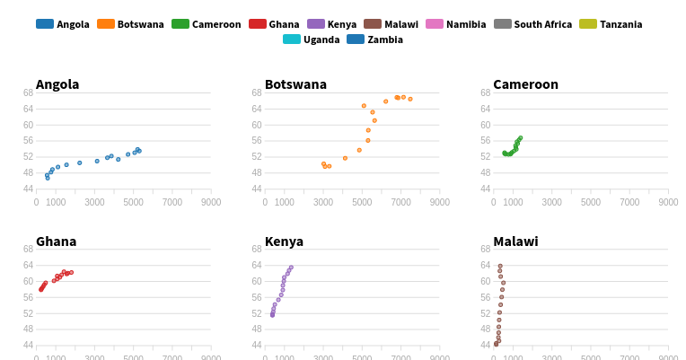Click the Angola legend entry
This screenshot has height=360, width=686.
pyautogui.click(x=63, y=24)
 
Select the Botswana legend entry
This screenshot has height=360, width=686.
pyautogui.click(x=130, y=24)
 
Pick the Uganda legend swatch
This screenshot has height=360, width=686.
pyautogui.click(x=292, y=40)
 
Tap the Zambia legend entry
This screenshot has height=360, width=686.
pyautogui.click(x=375, y=40)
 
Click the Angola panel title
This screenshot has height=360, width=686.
pyautogui.click(x=57, y=84)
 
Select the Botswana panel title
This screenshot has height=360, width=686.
pyautogui.click(x=295, y=84)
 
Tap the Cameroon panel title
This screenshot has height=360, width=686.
pyautogui.click(x=525, y=84)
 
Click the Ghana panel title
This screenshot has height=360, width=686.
pyautogui.click(x=56, y=241)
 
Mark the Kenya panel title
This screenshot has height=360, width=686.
pyautogui.click(x=284, y=241)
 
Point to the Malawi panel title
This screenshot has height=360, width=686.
pyautogui.click(x=515, y=241)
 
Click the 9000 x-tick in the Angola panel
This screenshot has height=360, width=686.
pyautogui.click(x=211, y=203)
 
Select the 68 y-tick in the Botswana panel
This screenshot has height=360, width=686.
pyautogui.click(x=257, y=92)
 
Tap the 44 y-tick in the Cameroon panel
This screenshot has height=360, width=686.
pyautogui.click(x=485, y=189)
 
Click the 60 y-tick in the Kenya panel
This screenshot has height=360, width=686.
pyautogui.click(x=257, y=281)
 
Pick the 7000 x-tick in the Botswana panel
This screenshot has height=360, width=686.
pyautogui.click(x=401, y=203)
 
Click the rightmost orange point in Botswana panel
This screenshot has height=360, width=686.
pyautogui.click(x=410, y=99)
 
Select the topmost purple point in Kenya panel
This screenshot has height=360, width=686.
pyautogui.click(x=291, y=268)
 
